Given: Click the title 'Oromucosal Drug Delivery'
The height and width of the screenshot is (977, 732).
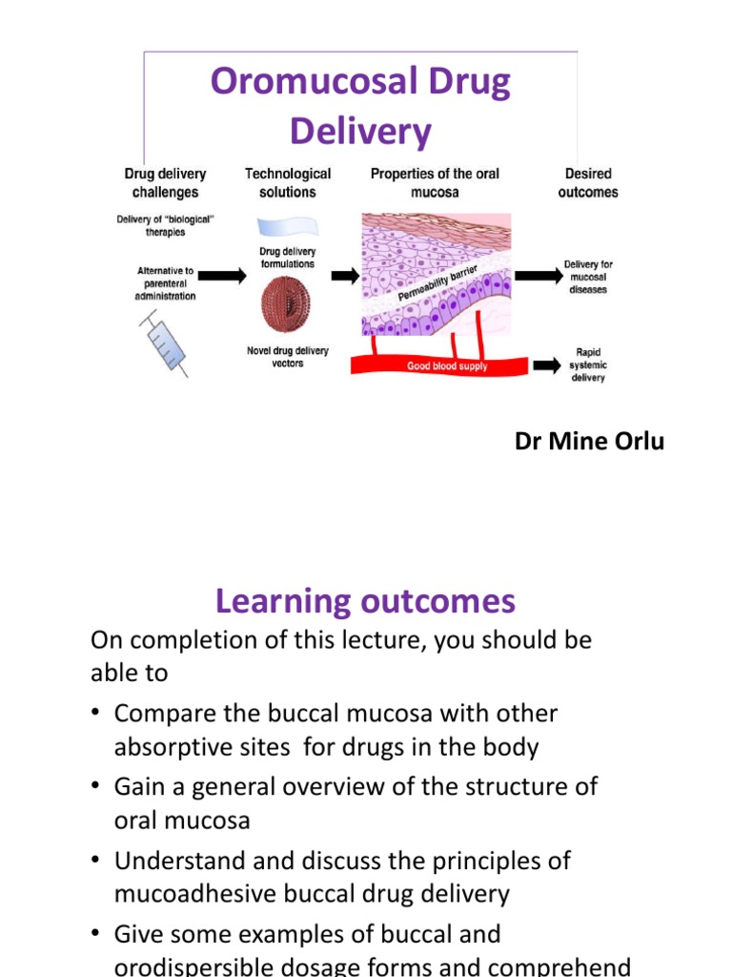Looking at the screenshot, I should (360, 106).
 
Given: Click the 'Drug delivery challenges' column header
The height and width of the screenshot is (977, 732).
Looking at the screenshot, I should (165, 183).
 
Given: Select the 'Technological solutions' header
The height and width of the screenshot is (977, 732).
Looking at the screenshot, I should (287, 183).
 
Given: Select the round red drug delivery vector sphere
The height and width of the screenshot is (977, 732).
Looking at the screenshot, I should (287, 302).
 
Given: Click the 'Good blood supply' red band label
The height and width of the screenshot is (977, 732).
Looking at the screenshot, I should (447, 366).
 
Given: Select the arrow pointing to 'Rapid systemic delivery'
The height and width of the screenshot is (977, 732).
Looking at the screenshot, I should (547, 364).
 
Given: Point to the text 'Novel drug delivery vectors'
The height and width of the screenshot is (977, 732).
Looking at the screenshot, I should (287, 357).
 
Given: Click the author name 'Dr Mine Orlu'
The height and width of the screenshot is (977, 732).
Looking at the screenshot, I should (589, 441).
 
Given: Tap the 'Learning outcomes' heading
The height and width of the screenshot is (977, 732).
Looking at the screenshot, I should (365, 601).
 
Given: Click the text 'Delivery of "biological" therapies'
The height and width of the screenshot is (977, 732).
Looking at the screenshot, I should (166, 226).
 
